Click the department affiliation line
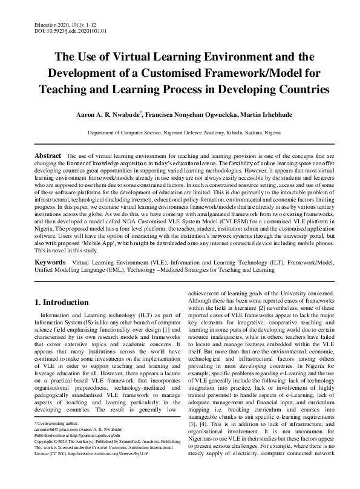coord(180,131)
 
